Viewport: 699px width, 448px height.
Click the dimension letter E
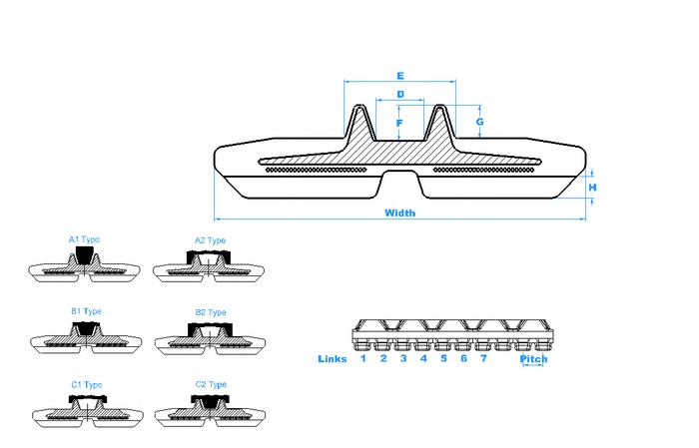pos(399,76)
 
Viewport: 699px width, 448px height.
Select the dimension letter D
pos(399,95)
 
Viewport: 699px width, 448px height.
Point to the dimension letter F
pos(399,124)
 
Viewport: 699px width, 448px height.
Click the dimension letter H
pos(592,187)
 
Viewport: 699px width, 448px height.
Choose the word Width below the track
pos(399,213)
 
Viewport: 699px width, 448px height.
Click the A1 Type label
pos(84,239)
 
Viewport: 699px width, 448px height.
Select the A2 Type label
pos(210,240)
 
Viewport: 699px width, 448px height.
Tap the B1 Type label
pos(86,310)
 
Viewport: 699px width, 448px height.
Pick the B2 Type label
pos(211,312)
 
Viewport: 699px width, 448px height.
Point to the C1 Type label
pos(86,384)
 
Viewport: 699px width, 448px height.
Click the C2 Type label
pos(210,384)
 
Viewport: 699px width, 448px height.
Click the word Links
pos(333,358)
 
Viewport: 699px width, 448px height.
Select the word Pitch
pos(534,359)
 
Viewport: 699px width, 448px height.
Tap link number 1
pos(363,358)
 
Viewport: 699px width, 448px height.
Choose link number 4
pos(423,358)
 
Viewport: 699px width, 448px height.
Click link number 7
pos(483,358)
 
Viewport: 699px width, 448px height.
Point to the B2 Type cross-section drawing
pos(211,337)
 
